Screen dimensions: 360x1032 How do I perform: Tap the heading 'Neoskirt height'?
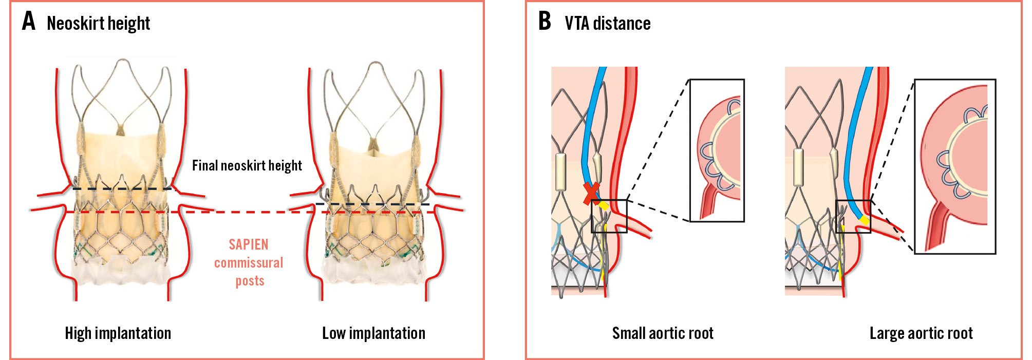click(98, 24)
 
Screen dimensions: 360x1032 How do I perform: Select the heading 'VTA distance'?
click(607, 24)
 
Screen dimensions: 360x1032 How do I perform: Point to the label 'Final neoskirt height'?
click(247, 165)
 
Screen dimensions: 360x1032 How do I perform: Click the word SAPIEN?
click(249, 244)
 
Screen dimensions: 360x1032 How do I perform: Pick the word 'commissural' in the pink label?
click(249, 263)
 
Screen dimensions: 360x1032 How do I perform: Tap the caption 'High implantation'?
click(118, 333)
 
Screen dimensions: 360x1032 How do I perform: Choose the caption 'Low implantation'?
click(373, 333)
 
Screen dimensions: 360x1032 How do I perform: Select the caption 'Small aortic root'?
click(663, 333)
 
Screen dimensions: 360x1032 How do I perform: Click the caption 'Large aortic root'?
click(921, 333)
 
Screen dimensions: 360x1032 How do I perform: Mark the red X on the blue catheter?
click(591, 193)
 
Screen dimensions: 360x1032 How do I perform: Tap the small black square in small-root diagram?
click(609, 216)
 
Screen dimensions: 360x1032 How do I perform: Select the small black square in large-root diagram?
click(853, 216)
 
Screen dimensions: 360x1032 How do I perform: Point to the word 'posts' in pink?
click(250, 281)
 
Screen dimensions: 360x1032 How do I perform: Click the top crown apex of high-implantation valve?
click(122, 60)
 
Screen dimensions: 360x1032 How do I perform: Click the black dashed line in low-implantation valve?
click(372, 204)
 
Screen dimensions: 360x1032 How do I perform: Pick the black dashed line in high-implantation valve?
click(122, 189)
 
